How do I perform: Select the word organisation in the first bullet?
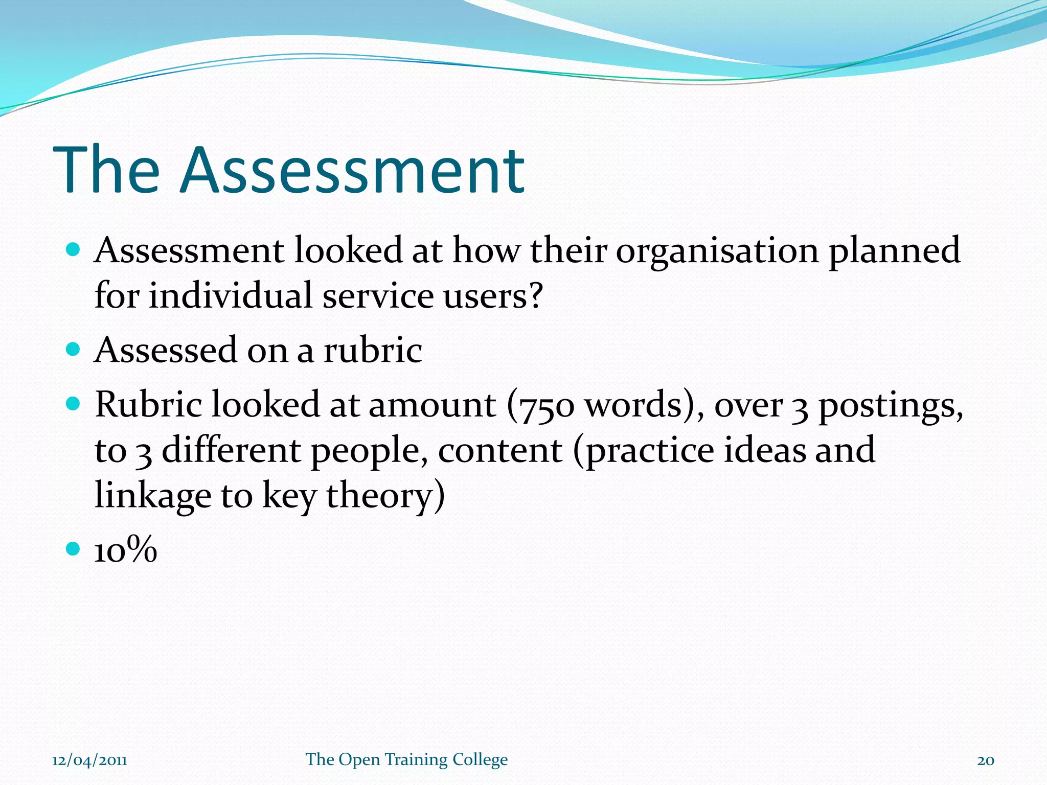pos(717,251)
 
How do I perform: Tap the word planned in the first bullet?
pos(894,251)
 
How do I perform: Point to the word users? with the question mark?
pos(493,296)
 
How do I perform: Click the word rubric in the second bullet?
pos(373,351)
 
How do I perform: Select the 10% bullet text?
pos(126,551)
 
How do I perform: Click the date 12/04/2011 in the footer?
pos(89,760)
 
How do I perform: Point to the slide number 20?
pos(986,760)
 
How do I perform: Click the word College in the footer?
pos(480,760)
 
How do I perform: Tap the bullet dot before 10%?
pos(74,549)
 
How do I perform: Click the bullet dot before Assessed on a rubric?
pos(74,349)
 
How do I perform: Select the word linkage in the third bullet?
pos(153,496)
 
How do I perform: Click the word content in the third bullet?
pos(500,451)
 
